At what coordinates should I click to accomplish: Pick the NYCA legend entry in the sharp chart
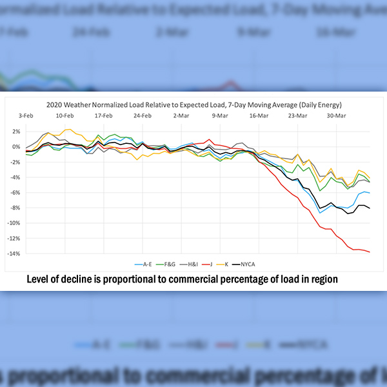tap(257, 264)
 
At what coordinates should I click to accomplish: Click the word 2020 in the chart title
tap(55, 104)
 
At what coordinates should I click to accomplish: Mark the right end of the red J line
tap(370, 252)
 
